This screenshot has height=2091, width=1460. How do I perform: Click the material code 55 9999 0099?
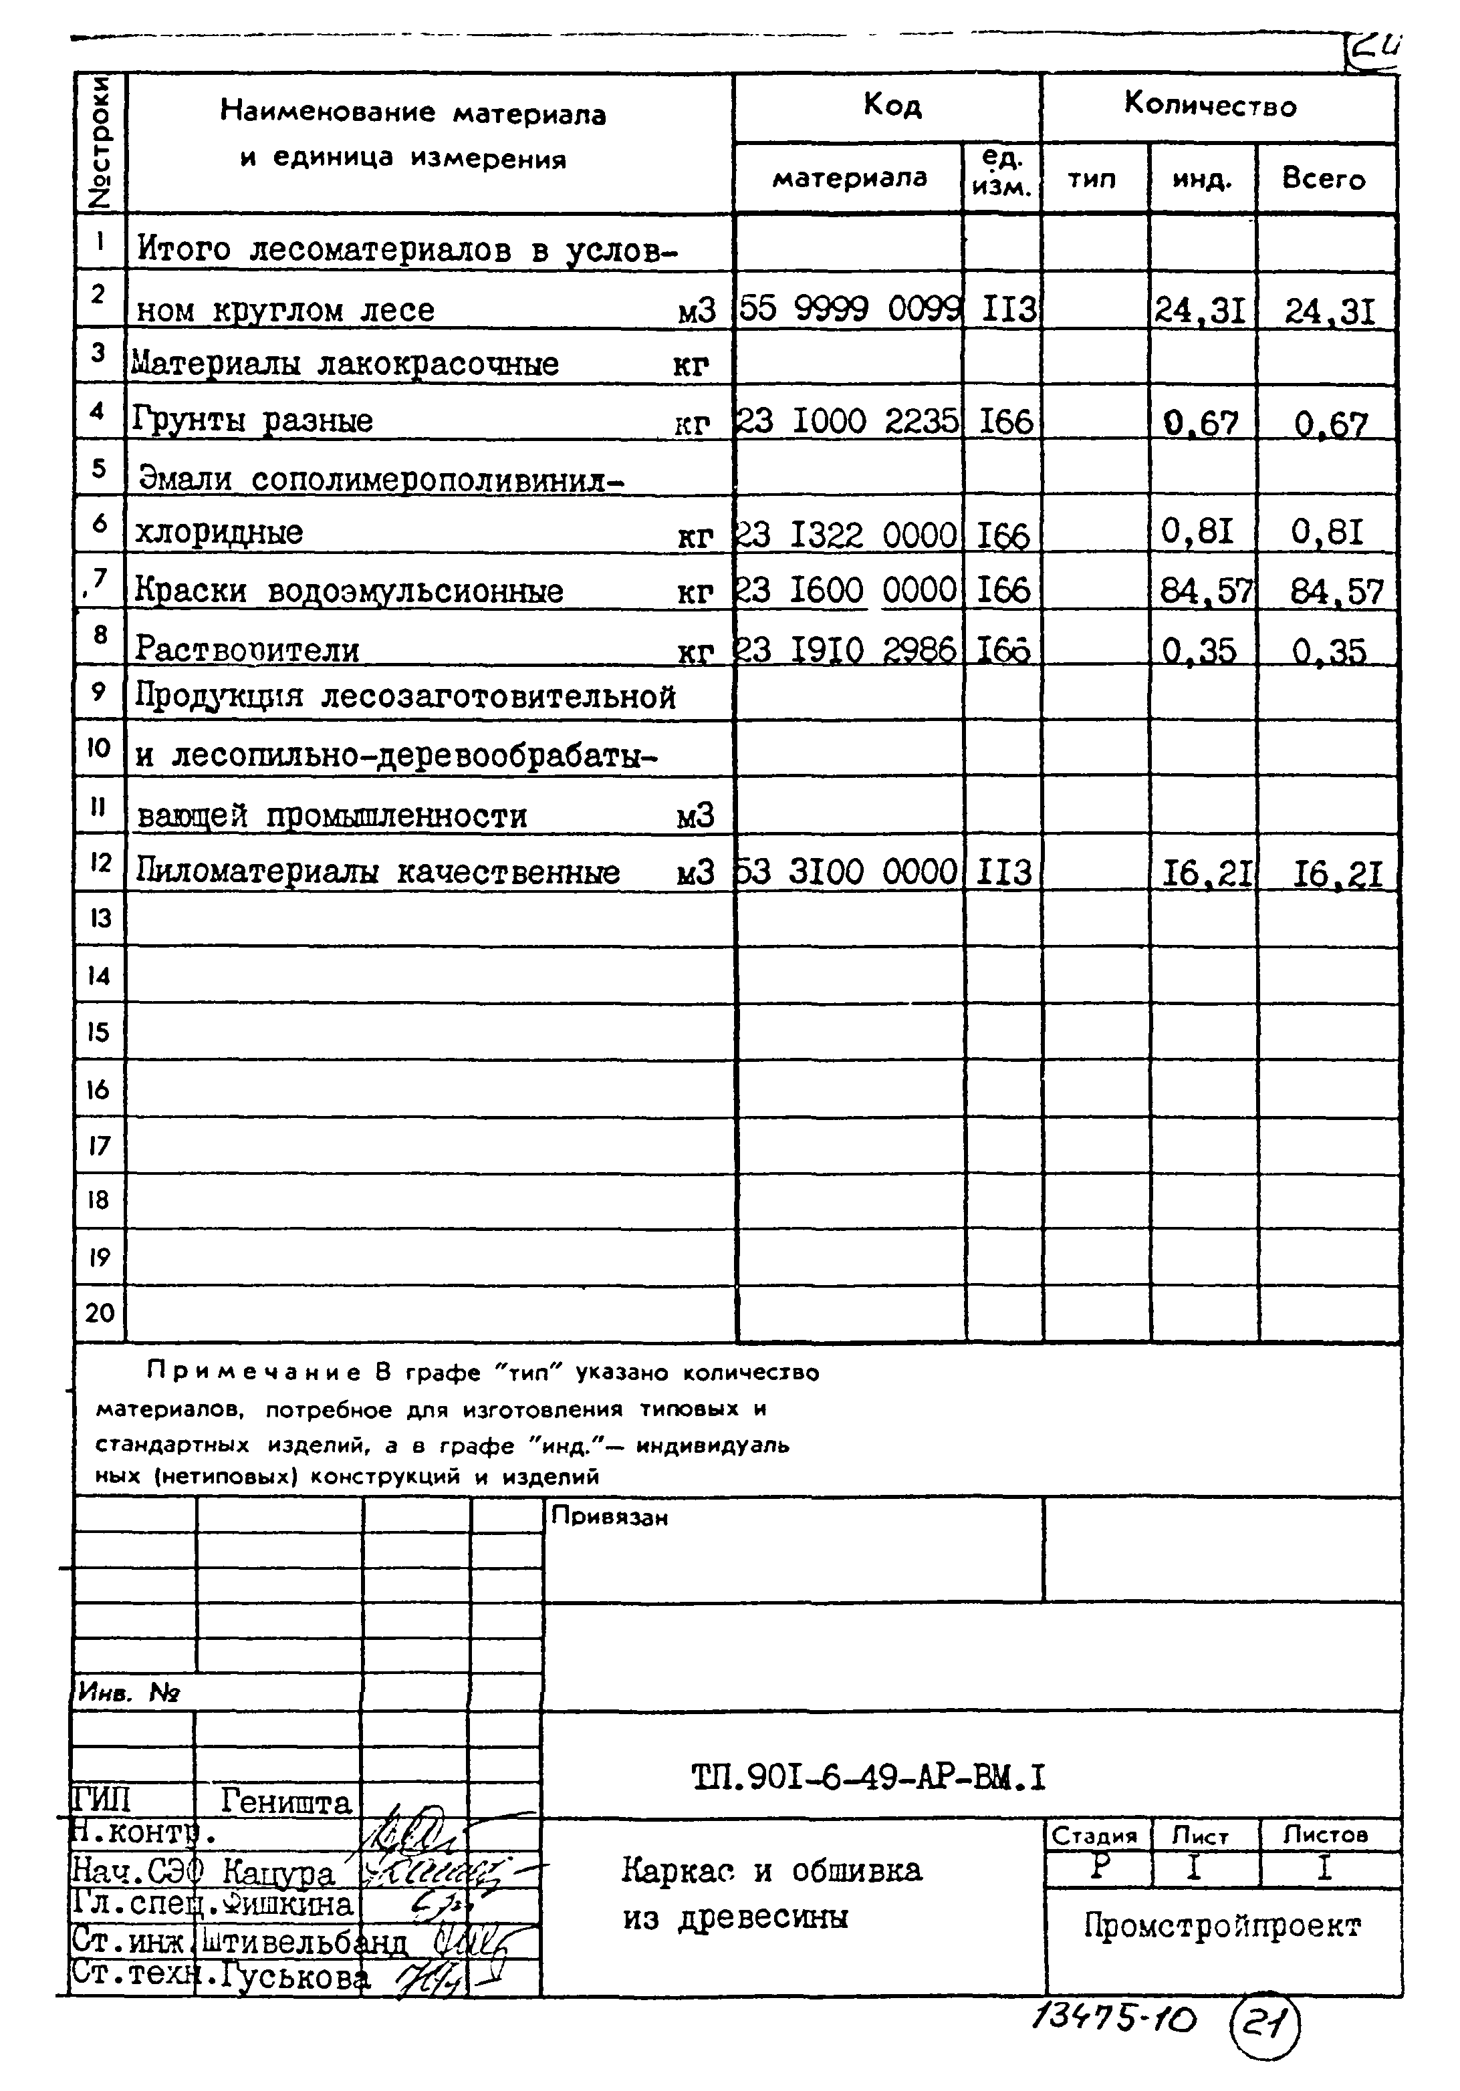(850, 309)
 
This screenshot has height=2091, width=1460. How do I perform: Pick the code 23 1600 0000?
(847, 590)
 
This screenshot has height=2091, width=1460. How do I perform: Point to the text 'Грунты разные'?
(253, 421)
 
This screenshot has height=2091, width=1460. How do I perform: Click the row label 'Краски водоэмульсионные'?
(349, 591)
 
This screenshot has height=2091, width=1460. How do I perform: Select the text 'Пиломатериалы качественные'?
(377, 873)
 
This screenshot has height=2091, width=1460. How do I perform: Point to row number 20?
(100, 1312)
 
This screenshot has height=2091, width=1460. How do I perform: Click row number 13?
(100, 918)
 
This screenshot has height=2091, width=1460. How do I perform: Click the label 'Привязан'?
(609, 1517)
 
